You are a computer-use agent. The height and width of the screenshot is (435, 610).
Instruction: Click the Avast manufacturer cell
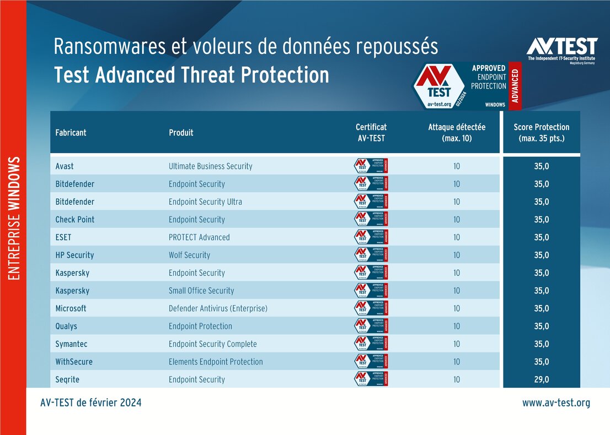(65, 166)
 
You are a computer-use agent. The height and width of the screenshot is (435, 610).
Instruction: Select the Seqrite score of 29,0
(541, 379)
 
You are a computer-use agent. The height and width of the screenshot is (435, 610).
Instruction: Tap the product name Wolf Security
(189, 255)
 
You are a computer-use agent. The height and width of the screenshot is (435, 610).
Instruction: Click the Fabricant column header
(71, 133)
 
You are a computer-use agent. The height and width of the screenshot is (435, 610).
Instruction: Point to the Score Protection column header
(541, 133)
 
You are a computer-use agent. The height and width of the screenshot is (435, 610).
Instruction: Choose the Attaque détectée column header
(457, 133)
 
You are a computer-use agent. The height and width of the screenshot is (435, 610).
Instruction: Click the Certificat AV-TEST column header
(371, 133)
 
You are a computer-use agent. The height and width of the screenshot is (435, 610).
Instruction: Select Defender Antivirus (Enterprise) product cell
(218, 308)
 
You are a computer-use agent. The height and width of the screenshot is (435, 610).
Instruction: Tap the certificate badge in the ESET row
(371, 237)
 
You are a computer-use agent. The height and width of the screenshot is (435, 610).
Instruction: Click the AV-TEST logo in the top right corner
(561, 50)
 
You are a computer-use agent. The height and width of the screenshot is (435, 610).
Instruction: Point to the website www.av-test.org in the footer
(556, 403)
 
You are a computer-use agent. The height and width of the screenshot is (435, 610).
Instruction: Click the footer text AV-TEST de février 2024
(90, 403)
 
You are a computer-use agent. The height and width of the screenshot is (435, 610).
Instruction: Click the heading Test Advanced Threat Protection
(191, 75)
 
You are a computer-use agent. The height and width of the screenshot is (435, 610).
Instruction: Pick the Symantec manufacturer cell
(71, 344)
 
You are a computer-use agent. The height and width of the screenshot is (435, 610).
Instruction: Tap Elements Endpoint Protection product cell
(216, 362)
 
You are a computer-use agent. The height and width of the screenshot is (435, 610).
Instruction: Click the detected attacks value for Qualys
(457, 326)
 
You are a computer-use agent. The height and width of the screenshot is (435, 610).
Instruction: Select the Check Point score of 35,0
(541, 220)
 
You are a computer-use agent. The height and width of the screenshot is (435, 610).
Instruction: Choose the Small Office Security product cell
(201, 291)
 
